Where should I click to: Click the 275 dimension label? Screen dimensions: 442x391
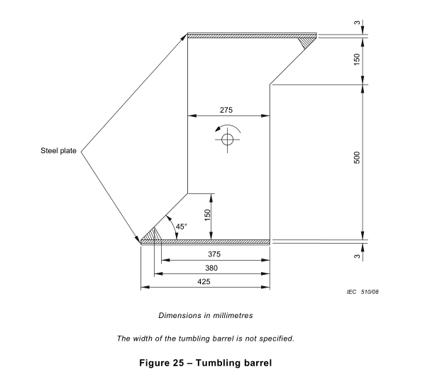(226, 110)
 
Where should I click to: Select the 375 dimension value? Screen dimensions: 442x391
(214, 254)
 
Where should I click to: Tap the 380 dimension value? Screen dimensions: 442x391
(211, 268)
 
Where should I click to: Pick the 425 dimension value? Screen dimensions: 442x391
(204, 281)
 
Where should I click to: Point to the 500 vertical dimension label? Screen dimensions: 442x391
(357, 157)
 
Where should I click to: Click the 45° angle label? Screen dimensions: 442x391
(181, 227)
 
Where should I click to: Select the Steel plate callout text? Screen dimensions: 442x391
(58, 151)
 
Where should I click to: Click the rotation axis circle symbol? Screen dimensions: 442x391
(227, 140)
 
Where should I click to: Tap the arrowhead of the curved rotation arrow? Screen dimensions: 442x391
(218, 129)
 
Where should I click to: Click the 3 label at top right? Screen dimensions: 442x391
(357, 23)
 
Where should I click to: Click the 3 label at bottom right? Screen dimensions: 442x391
(357, 256)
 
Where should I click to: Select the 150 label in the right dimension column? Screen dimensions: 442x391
(357, 59)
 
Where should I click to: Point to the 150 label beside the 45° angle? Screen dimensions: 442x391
(207, 215)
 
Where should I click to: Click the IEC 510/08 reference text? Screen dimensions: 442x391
(363, 292)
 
